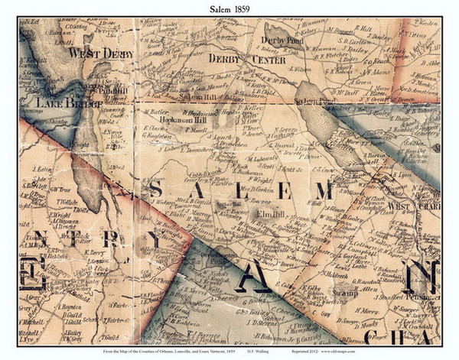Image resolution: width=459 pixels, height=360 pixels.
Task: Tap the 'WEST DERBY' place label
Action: click(x=100, y=54)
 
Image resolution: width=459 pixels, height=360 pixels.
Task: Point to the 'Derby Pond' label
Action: click(x=282, y=39)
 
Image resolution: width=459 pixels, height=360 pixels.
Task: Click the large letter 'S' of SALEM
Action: click(x=159, y=191)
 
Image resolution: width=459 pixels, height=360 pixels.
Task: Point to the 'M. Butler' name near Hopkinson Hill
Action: click(x=155, y=112)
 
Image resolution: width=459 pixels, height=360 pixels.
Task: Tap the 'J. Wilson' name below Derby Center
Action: click(x=258, y=68)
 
